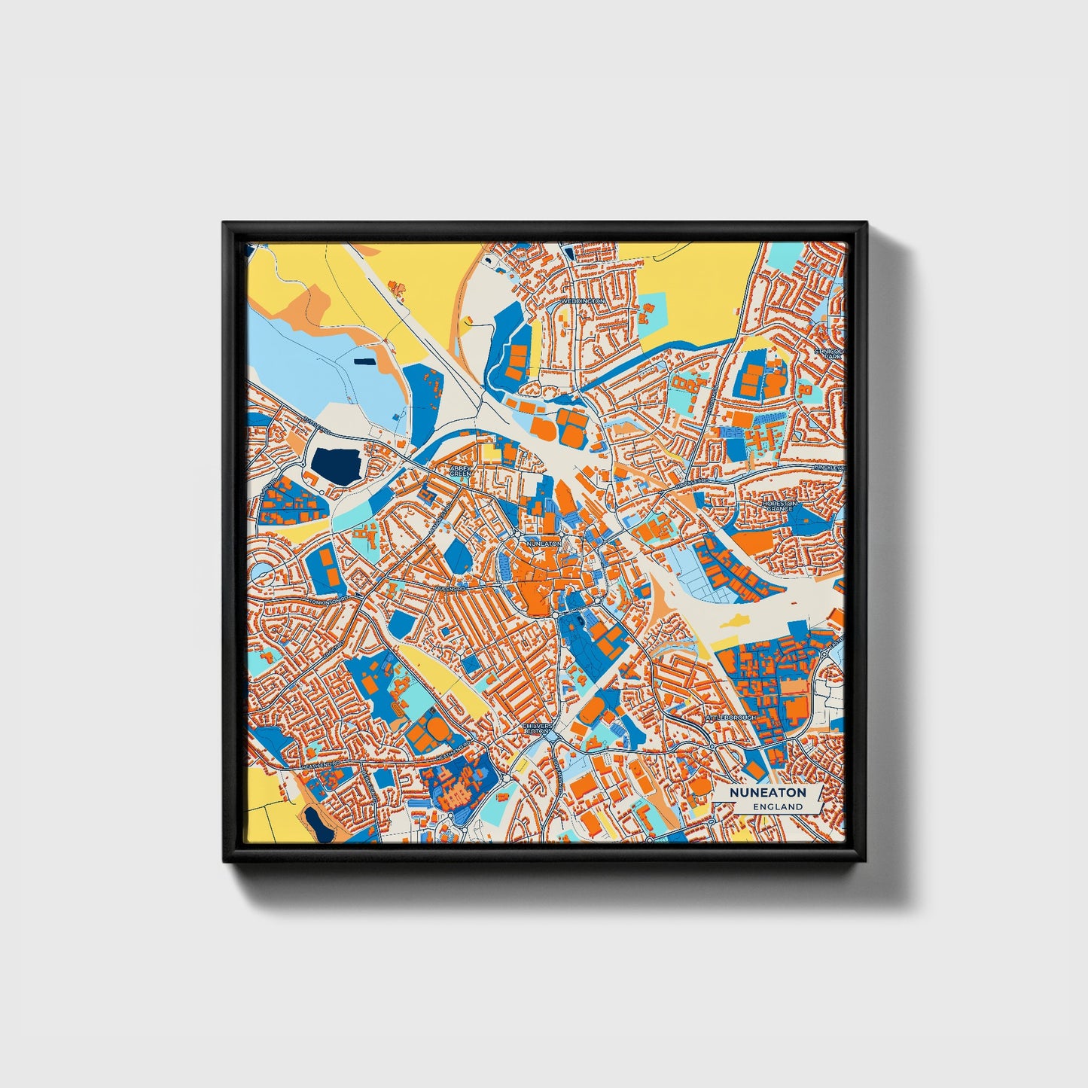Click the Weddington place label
(583, 300)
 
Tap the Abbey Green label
(459, 471)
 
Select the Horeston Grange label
(779, 505)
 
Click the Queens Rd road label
(450, 587)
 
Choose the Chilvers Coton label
(538, 728)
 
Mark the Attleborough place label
(730, 718)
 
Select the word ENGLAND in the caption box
(777, 806)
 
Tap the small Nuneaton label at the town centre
(544, 543)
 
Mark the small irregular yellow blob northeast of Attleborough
(736, 620)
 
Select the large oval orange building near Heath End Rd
(435, 729)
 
